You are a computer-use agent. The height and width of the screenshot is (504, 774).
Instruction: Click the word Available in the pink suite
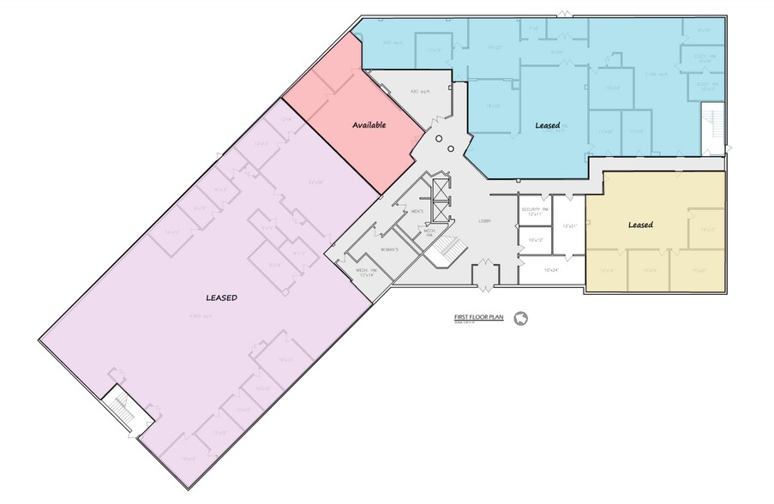(x=369, y=125)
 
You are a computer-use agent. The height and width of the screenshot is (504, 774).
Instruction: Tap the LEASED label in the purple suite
(x=221, y=297)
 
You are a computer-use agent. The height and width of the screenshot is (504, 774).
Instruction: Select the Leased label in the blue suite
(x=548, y=125)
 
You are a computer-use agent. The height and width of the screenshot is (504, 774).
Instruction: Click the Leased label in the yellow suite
(x=640, y=225)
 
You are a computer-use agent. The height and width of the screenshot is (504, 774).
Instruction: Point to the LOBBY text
(x=484, y=221)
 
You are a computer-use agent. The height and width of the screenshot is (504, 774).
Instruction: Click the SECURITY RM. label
(x=533, y=211)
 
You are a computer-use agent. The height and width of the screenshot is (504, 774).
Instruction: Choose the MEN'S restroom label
(x=418, y=212)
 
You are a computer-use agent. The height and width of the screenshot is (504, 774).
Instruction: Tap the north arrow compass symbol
(x=519, y=319)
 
